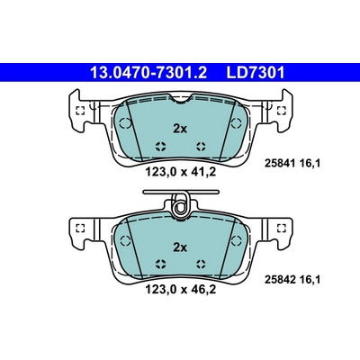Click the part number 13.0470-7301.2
pos(148,72)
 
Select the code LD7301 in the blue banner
pos(255,72)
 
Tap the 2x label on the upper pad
pos(180,129)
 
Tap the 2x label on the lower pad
pos(180,247)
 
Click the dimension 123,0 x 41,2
pos(181,172)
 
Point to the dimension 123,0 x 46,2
pos(181,290)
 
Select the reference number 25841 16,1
pos(292,163)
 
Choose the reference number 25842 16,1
pos(292,280)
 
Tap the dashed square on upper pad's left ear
pos(80,111)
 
